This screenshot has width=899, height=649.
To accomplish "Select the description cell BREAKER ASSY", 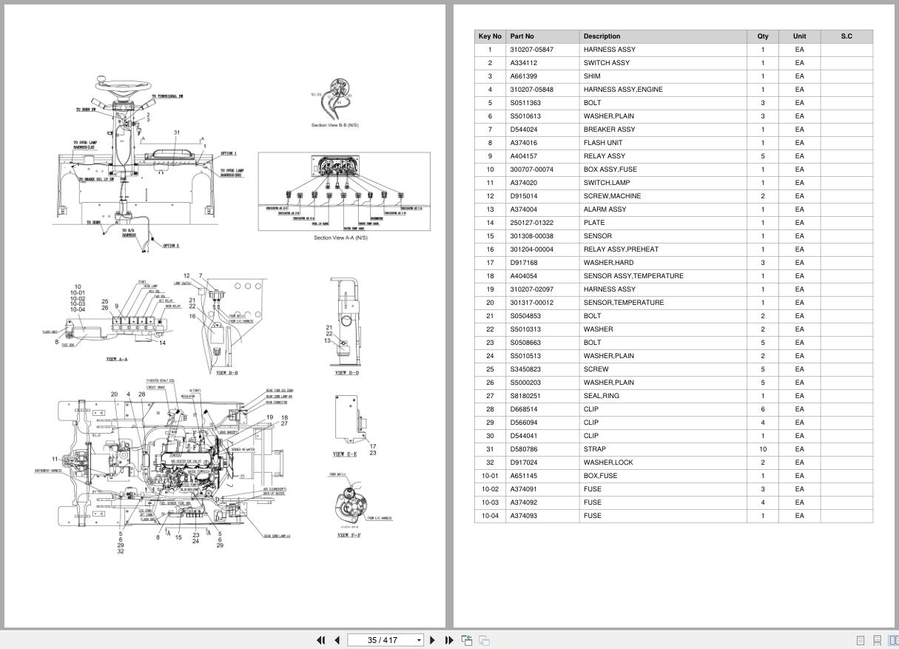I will pyautogui.click(x=609, y=130).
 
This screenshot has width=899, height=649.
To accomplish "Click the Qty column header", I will pyautogui.click(x=762, y=36).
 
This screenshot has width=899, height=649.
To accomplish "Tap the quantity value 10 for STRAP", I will pyautogui.click(x=762, y=449).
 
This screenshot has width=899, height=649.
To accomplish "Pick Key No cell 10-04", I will pyautogui.click(x=490, y=516).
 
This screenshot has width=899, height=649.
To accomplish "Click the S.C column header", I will pyautogui.click(x=846, y=36).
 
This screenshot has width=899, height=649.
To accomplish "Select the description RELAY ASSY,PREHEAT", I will pyautogui.click(x=620, y=249).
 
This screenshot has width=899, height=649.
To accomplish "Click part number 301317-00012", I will pyautogui.click(x=531, y=303).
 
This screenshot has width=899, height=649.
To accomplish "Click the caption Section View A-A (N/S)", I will pyautogui.click(x=340, y=238).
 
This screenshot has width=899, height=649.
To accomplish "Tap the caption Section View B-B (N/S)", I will pyautogui.click(x=334, y=125).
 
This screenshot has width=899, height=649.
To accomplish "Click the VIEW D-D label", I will pyautogui.click(x=347, y=373).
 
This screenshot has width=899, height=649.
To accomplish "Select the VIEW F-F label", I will pyautogui.click(x=349, y=535).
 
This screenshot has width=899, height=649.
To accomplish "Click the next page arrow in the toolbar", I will pyautogui.click(x=433, y=640).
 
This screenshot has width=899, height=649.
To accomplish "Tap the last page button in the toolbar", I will pyautogui.click(x=448, y=640).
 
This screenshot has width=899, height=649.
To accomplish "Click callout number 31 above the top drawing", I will pyautogui.click(x=177, y=133).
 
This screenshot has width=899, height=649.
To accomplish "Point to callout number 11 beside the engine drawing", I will pyautogui.click(x=55, y=459).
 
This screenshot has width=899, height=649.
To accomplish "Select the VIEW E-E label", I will pyautogui.click(x=345, y=454).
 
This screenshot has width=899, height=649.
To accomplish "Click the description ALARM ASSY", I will pyautogui.click(x=605, y=209).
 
